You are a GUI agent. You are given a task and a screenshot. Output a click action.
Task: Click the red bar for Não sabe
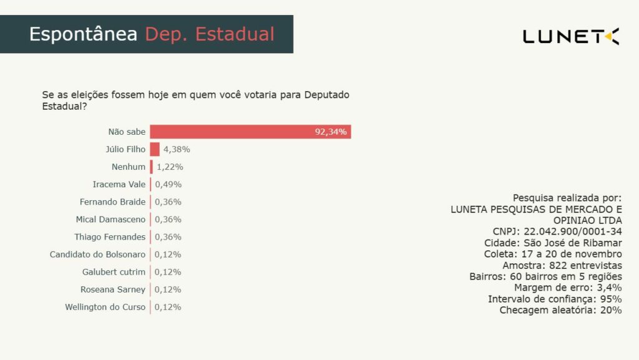point(250,132)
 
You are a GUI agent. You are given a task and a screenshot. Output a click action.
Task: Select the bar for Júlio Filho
point(155,149)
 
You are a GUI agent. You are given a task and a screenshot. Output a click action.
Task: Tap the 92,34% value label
point(331,132)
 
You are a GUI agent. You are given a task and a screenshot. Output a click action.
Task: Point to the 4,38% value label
point(177,150)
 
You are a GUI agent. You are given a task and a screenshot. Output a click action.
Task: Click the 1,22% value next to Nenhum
point(170,167)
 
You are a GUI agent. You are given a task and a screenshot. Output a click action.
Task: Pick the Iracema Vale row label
point(119,185)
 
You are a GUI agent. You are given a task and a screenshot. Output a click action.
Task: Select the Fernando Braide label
point(112,202)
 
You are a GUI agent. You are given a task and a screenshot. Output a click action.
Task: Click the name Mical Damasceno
point(110,220)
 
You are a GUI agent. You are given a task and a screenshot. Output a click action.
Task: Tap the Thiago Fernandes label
point(110,237)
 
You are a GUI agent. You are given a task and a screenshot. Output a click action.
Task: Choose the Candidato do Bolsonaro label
point(98,255)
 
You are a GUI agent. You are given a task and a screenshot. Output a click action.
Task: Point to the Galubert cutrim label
point(114,272)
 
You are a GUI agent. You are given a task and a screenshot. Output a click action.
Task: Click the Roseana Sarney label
point(113,289)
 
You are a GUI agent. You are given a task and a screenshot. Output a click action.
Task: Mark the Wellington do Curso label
point(105,307)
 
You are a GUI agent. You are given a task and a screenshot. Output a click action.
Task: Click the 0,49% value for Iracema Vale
point(168,185)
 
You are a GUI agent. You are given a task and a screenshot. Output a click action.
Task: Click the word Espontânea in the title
point(83,34)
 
